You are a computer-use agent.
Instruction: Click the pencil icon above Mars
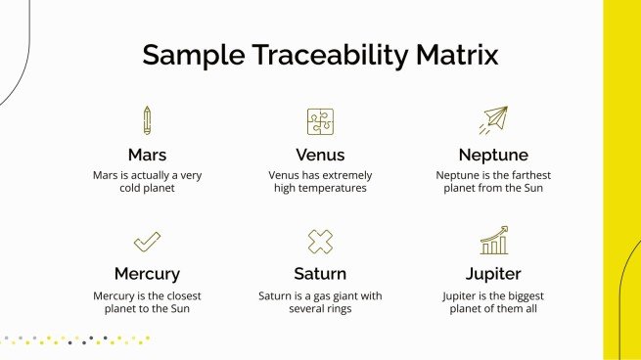[147, 120]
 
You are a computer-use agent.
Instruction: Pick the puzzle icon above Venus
[320, 121]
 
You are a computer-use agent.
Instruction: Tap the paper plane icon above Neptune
[493, 120]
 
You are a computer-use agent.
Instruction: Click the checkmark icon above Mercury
[147, 241]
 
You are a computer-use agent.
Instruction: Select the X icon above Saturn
[320, 241]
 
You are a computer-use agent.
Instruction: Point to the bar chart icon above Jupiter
[493, 241]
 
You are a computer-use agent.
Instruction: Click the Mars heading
[147, 155]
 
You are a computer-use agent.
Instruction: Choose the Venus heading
[320, 155]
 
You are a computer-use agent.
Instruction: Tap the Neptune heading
[493, 155]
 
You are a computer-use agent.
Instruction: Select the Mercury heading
[147, 274]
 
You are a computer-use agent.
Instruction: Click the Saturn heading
[320, 274]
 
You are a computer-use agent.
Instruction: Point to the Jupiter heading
[493, 274]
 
